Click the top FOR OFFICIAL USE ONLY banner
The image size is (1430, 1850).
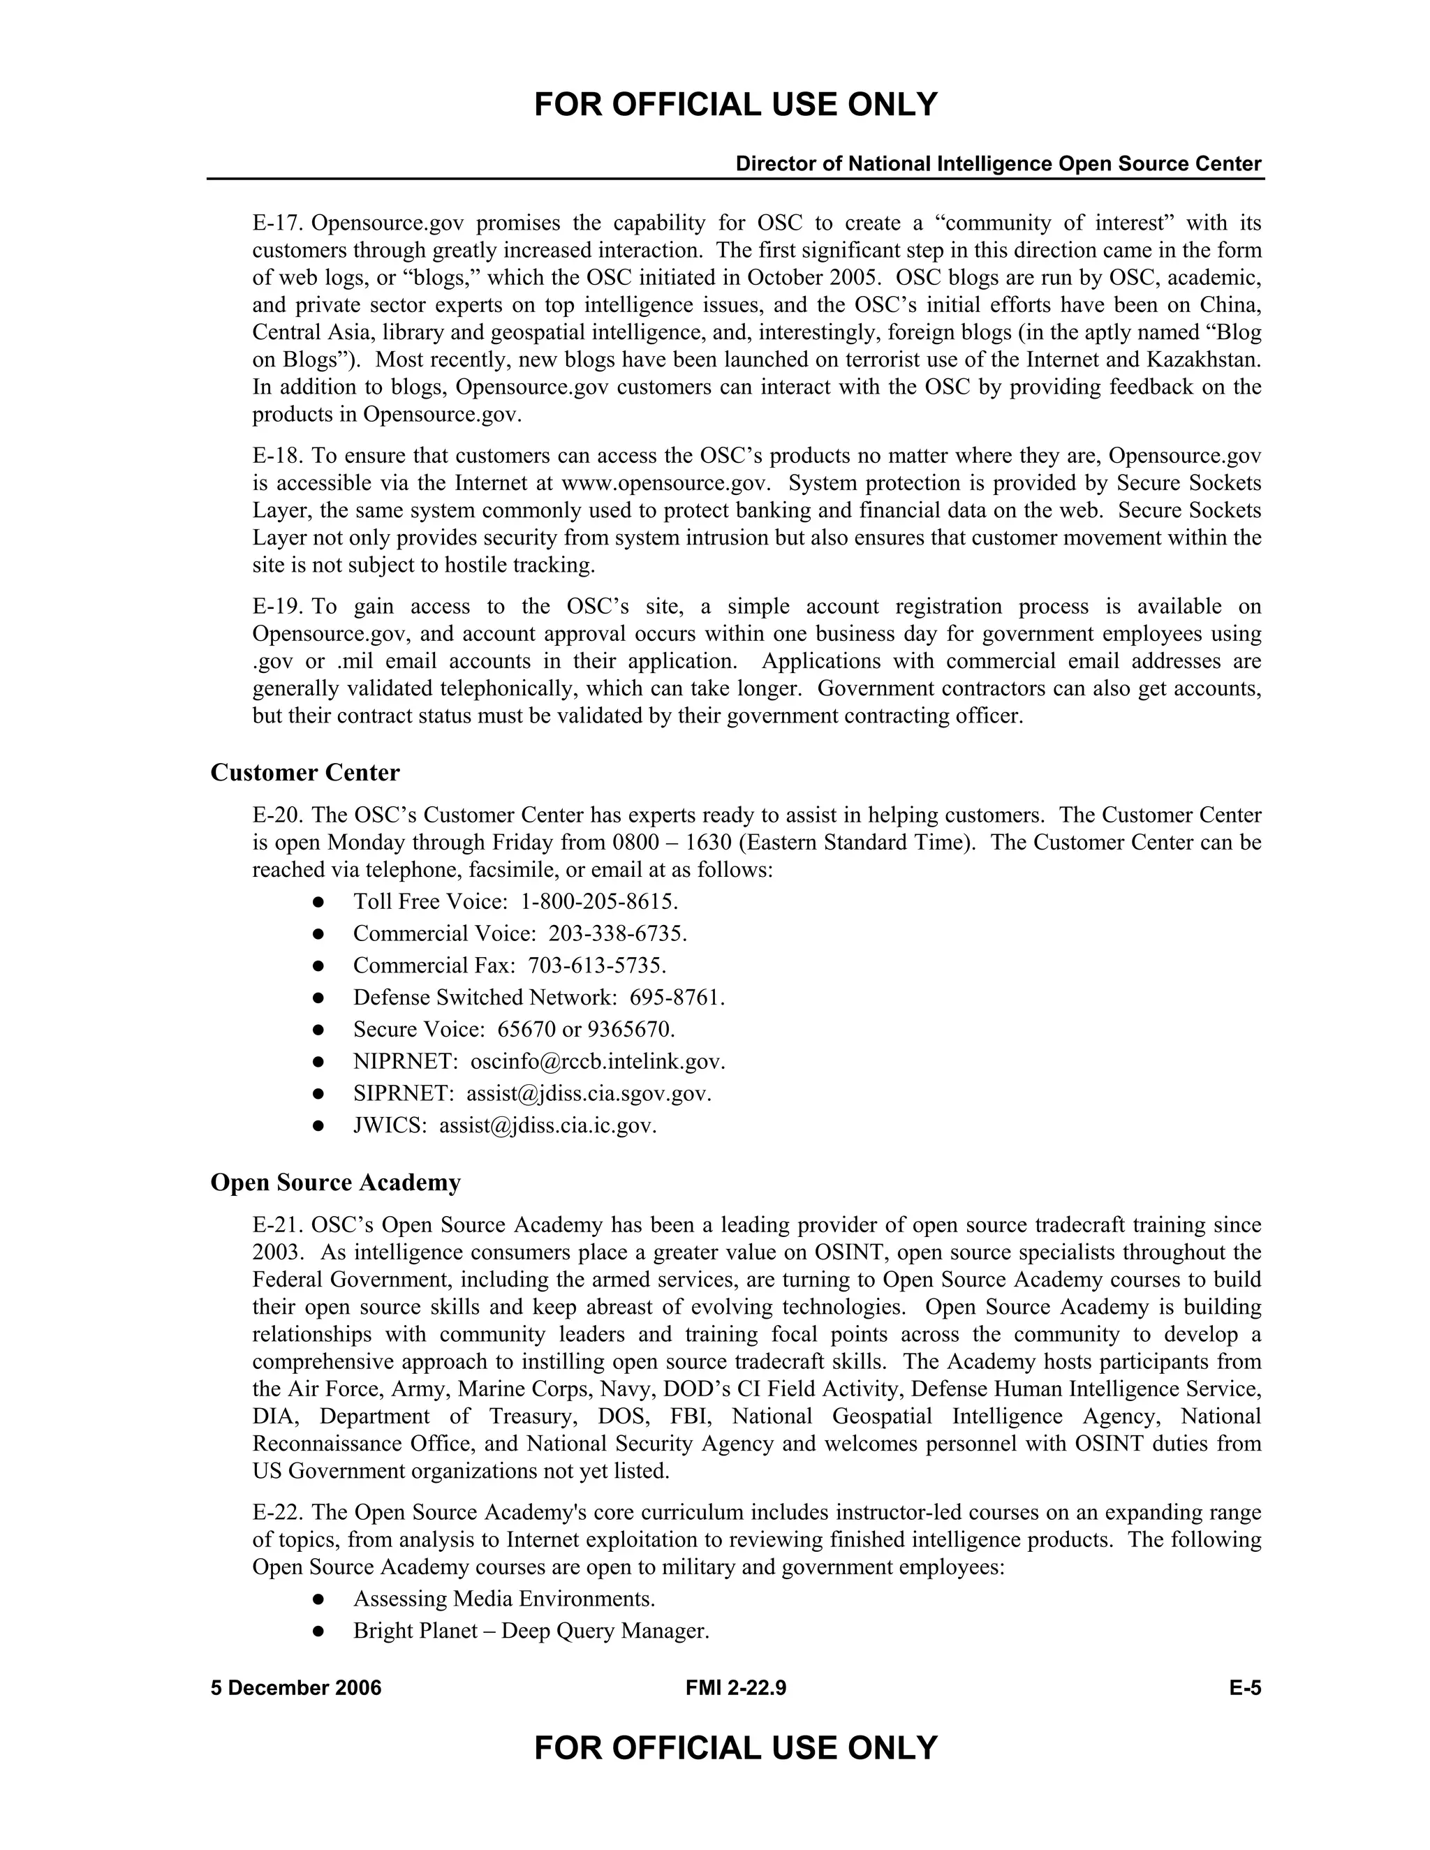tap(735, 105)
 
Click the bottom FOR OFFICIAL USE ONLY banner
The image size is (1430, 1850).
tap(735, 1747)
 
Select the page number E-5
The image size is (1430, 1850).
tap(1246, 1688)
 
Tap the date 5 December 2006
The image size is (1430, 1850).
tap(295, 1688)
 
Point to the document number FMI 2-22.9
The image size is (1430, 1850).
tap(735, 1688)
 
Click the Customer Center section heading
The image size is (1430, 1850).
tap(305, 773)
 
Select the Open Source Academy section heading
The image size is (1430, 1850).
tap(335, 1183)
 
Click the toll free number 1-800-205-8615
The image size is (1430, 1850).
tap(598, 901)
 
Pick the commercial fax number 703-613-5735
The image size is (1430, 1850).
tap(596, 965)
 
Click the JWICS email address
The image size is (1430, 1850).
tap(547, 1126)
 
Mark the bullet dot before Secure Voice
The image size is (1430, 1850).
tap(318, 1030)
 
